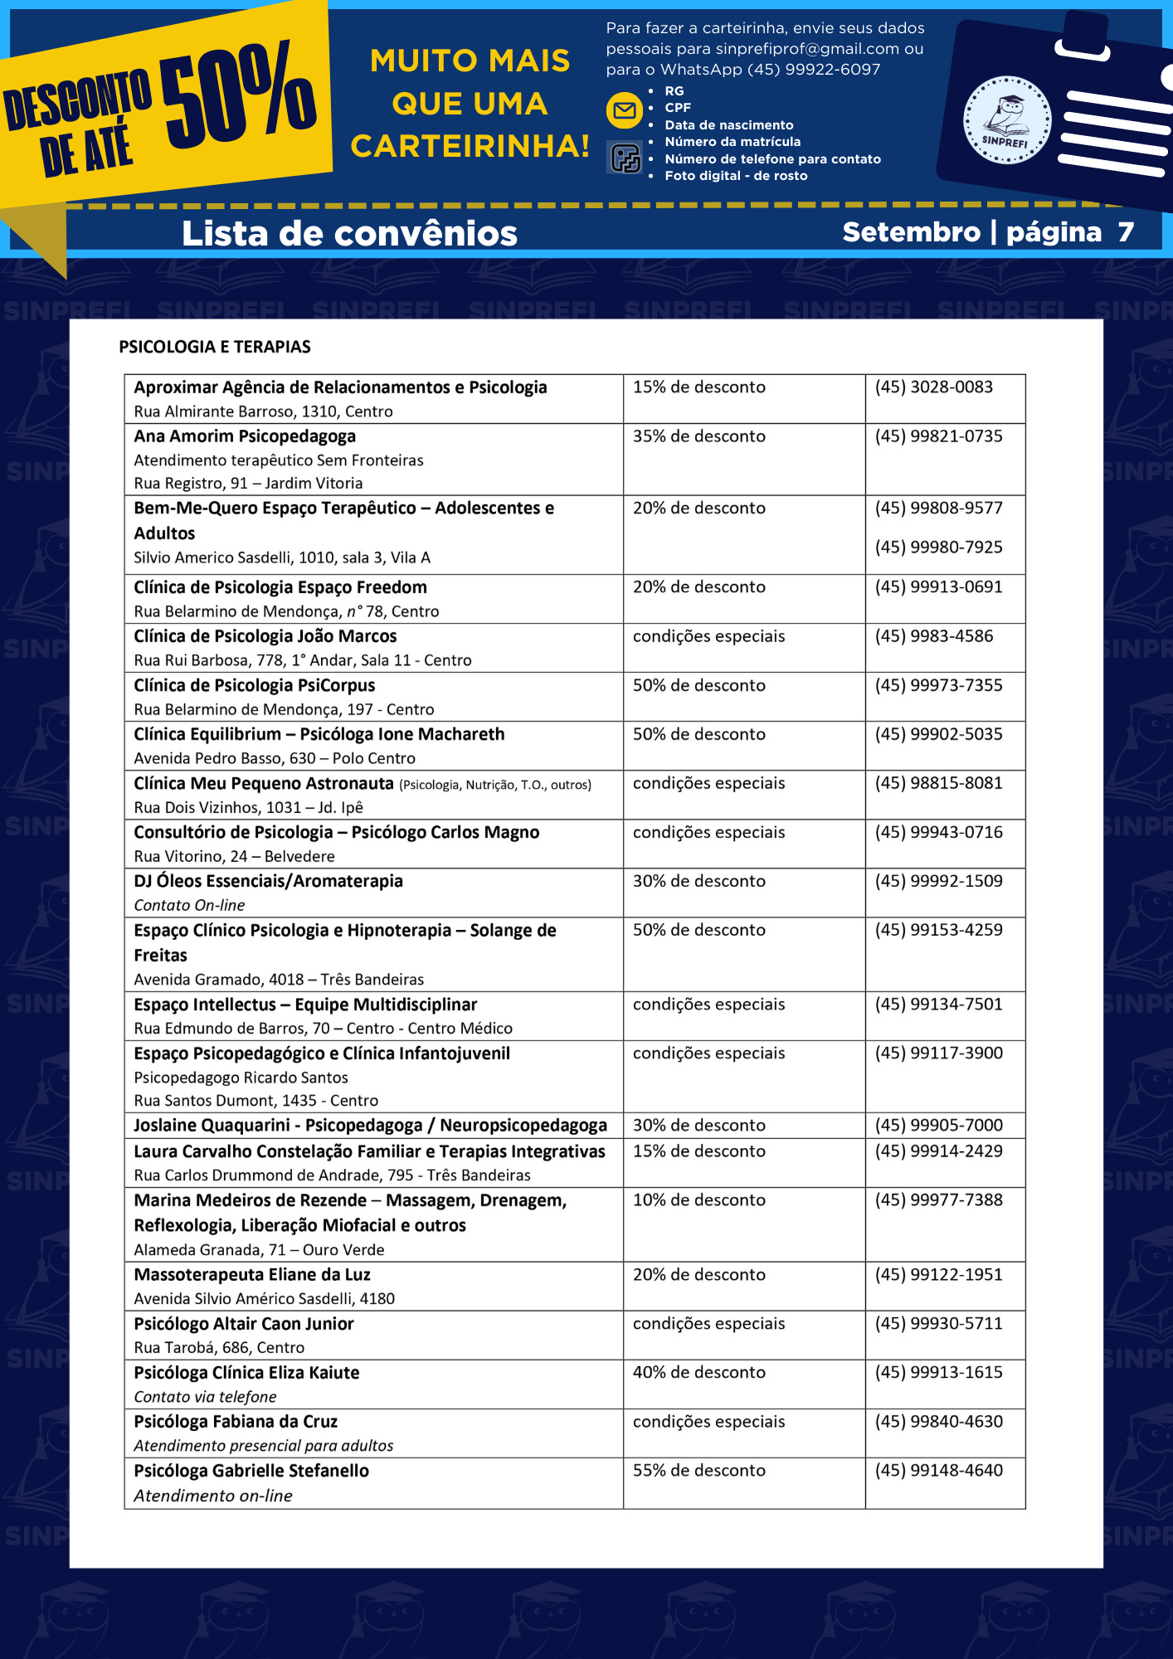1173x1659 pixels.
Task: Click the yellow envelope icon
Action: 625,110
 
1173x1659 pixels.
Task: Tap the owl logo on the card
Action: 1007,120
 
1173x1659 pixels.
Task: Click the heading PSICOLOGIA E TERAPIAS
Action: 215,347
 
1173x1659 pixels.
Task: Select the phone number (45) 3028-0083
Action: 933,387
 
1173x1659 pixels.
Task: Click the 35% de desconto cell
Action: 698,436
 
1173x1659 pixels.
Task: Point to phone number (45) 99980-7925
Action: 938,547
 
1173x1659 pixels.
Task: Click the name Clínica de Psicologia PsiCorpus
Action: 255,685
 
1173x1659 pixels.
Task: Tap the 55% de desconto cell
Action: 698,1470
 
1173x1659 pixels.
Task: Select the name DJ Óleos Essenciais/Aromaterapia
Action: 268,881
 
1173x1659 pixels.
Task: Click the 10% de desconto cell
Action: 698,1199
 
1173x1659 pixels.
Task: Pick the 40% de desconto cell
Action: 698,1372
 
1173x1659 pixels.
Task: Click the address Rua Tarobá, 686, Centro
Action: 219,1347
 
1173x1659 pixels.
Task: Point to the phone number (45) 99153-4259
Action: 938,930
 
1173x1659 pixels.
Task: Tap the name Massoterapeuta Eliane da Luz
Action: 252,1274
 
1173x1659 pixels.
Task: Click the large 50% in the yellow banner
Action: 238,93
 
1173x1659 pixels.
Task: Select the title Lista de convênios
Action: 349,233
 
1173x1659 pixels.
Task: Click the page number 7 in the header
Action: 1125,232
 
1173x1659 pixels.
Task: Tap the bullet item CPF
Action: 678,108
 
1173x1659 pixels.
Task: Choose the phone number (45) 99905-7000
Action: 938,1125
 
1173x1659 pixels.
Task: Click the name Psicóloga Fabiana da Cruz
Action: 236,1421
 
